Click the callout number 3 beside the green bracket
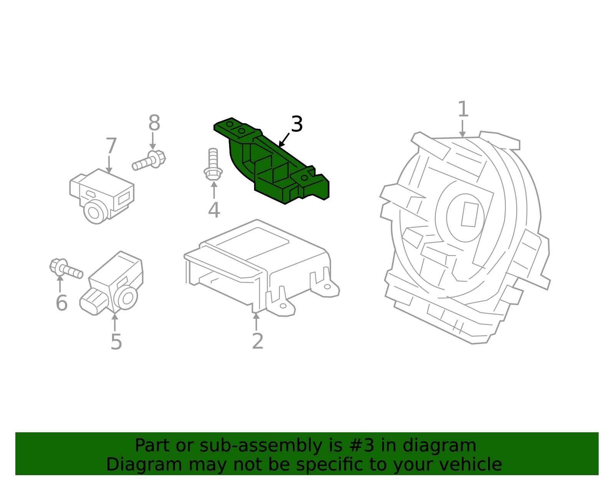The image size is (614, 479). click(297, 125)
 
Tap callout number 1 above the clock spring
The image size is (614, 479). click(463, 110)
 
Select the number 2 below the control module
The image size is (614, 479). click(257, 341)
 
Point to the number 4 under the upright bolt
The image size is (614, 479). click(214, 210)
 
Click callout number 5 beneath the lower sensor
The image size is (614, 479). click(116, 342)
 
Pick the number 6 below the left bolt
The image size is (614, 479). click(61, 303)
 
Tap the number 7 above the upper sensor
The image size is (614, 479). click(111, 146)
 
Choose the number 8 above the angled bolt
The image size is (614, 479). click(154, 123)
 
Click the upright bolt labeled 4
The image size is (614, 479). click(213, 165)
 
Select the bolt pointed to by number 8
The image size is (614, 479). click(149, 160)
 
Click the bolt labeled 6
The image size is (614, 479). click(66, 268)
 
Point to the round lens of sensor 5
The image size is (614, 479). click(127, 298)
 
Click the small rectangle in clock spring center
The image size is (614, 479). click(470, 214)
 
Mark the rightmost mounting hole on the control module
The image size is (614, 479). click(327, 286)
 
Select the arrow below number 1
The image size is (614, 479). click(462, 128)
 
